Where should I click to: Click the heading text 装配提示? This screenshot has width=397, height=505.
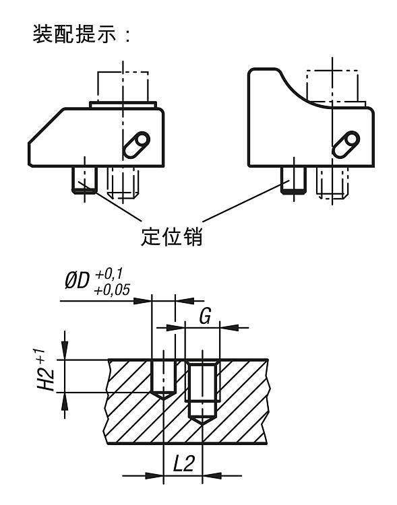click(x=74, y=34)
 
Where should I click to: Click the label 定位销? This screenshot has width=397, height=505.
click(x=172, y=237)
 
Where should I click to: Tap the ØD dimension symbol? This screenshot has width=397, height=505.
click(x=77, y=281)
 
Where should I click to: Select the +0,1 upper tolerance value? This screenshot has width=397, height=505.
click(x=109, y=275)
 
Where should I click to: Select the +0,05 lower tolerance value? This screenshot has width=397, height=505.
click(x=112, y=290)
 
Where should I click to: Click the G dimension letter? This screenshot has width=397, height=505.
click(x=205, y=316)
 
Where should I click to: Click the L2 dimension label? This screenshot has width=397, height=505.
click(x=183, y=464)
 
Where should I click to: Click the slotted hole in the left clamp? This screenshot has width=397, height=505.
click(x=137, y=145)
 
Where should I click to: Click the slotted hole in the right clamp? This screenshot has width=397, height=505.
click(x=346, y=145)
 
